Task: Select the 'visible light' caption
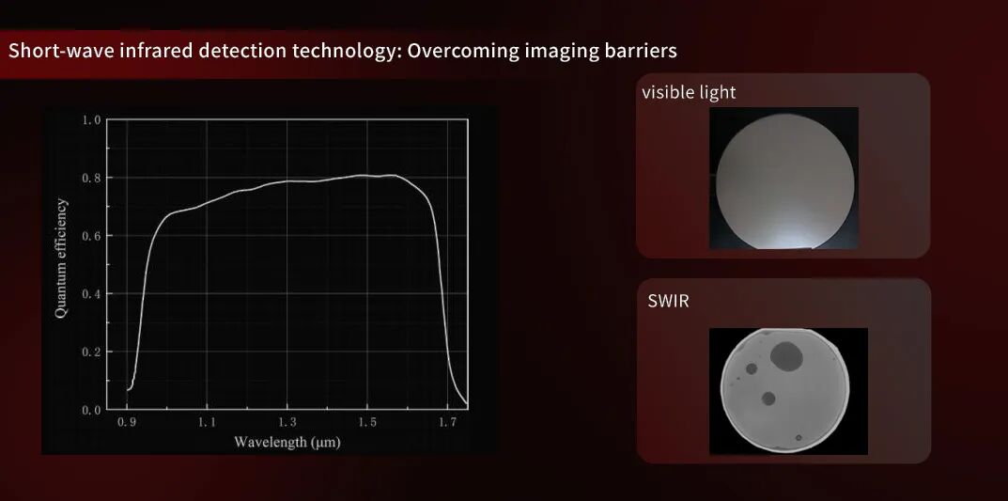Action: tap(689, 92)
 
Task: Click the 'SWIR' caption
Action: tap(667, 302)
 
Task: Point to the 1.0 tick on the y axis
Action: tap(91, 119)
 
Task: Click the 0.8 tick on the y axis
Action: tap(91, 178)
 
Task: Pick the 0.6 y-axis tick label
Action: tap(91, 236)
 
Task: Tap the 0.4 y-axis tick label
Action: tap(91, 294)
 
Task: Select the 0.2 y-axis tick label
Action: tap(91, 352)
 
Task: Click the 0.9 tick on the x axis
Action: tap(128, 424)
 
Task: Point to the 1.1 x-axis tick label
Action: tap(208, 424)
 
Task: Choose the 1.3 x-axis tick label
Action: tap(287, 424)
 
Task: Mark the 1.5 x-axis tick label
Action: tap(367, 424)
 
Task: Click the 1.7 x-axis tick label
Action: tap(447, 424)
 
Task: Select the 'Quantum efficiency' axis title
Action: tap(61, 258)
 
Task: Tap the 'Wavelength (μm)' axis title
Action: tap(287, 442)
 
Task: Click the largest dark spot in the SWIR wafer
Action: tap(785, 355)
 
